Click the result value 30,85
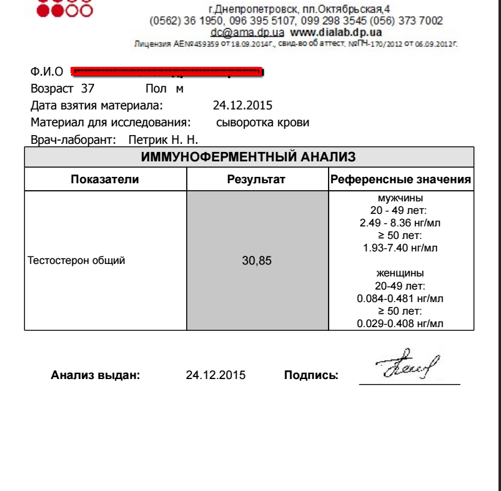(257, 261)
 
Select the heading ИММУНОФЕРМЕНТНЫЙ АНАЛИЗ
(249, 157)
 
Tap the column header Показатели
(105, 180)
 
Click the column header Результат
(256, 180)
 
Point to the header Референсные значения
(400, 180)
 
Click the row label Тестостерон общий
(77, 261)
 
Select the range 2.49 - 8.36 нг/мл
(400, 223)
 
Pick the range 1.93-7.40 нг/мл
(400, 248)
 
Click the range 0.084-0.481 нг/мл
(400, 298)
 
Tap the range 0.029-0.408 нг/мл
(400, 323)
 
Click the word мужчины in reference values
(400, 198)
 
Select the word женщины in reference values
(400, 273)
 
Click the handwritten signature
(408, 365)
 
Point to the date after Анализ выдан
(216, 375)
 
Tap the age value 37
(87, 89)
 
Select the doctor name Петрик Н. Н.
(162, 140)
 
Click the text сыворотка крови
(262, 123)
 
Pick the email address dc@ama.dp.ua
(248, 32)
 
